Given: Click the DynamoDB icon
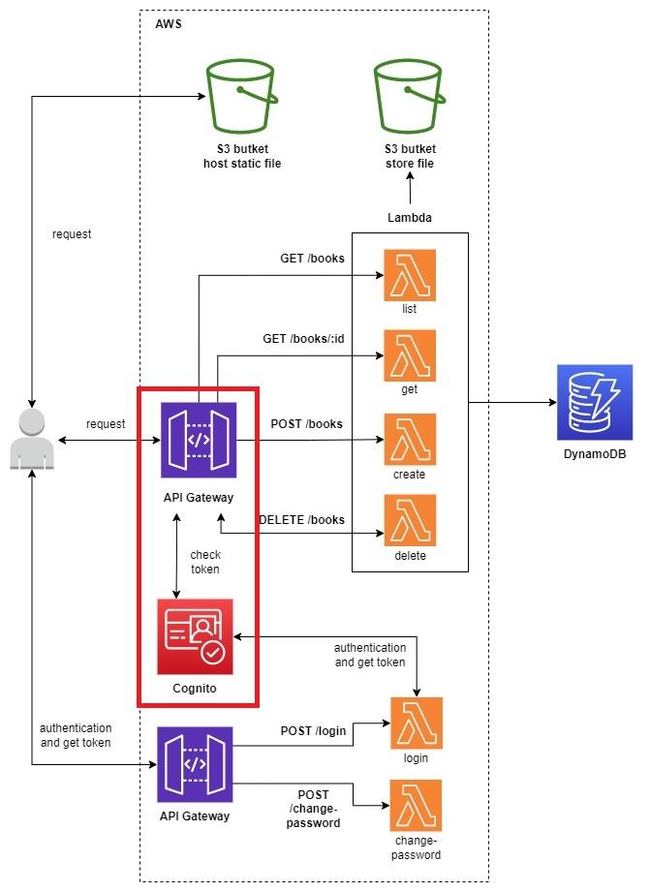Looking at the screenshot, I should pos(595,402).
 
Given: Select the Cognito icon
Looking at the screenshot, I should pos(195,636).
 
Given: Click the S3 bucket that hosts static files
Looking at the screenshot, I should pos(242,97).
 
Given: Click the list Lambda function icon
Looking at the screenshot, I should pos(410,274).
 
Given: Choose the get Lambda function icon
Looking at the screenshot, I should pos(410,354).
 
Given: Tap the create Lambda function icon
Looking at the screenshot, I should pos(410,439).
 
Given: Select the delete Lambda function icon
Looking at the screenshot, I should pos(410,520).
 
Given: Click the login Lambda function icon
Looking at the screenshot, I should pos(416,723).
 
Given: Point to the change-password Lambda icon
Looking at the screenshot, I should pos(416,804).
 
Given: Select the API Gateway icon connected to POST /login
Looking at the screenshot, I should pos(195,764).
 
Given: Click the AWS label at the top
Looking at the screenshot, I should pos(169,23).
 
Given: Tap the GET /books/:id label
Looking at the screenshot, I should pos(303,340).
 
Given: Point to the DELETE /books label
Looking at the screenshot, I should pos(301,520).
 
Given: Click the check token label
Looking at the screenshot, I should pos(204,562).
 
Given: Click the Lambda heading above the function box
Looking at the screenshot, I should pos(410,218).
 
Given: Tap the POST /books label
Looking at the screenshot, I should pos(307,424).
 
